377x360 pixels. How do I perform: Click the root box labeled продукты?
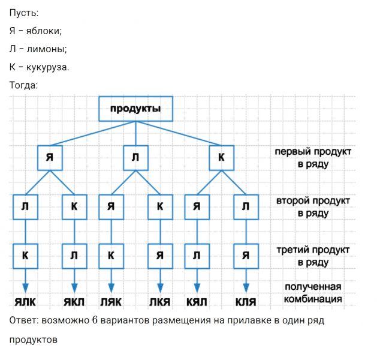[x=135, y=109]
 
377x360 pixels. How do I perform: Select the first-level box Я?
[x=49, y=157]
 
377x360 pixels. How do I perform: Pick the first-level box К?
[x=221, y=157]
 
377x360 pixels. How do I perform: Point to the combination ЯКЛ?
[x=74, y=300]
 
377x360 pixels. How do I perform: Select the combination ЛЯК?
[x=111, y=300]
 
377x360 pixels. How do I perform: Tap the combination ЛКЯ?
[x=160, y=300]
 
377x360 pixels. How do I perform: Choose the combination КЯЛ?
[x=197, y=300]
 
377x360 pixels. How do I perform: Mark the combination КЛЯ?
[x=246, y=300]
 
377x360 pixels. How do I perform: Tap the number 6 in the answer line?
[x=95, y=320]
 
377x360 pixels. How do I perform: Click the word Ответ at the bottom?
[x=23, y=320]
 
